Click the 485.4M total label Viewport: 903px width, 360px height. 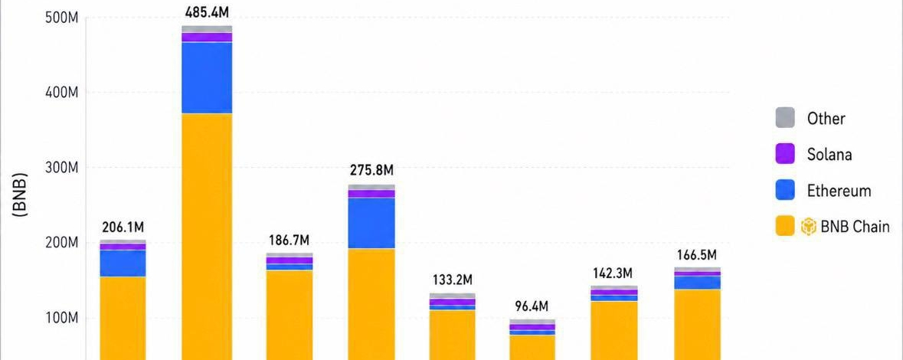[x=207, y=12]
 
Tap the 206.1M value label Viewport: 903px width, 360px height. [x=123, y=227]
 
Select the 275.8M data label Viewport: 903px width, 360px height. [x=371, y=170]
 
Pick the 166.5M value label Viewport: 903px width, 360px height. [x=695, y=254]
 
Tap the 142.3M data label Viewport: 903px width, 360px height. [x=613, y=273]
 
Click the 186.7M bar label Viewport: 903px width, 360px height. [x=289, y=240]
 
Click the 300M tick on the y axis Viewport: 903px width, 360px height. [x=61, y=168]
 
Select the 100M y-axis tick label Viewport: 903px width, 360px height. [x=61, y=318]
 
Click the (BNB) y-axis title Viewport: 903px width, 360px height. [x=20, y=196]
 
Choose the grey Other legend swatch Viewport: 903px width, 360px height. [x=785, y=118]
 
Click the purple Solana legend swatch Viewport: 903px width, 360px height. [x=785, y=154]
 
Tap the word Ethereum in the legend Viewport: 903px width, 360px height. [x=839, y=191]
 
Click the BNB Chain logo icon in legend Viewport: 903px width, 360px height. [x=809, y=227]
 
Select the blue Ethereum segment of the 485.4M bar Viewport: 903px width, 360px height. [x=207, y=78]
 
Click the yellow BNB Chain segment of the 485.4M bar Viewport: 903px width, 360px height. [x=207, y=230]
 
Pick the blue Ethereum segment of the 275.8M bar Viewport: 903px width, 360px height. [x=371, y=223]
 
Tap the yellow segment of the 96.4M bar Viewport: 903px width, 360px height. [x=532, y=347]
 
